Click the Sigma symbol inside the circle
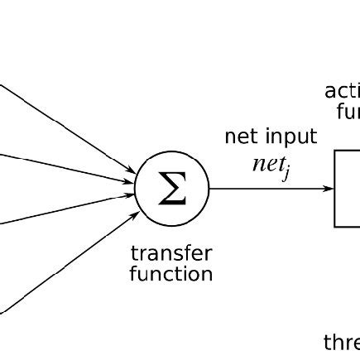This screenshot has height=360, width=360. click(x=171, y=190)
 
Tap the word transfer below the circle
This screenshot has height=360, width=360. click(x=171, y=252)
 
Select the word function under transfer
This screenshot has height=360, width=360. click(x=171, y=273)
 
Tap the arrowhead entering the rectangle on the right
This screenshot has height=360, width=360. click(x=329, y=189)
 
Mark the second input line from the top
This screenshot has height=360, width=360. click(x=66, y=166)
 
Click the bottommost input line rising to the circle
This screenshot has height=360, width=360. click(x=66, y=266)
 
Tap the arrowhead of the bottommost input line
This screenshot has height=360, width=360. click(x=134, y=214)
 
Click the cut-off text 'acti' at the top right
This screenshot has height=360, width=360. click(x=342, y=90)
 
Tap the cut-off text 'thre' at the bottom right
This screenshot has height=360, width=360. click(x=341, y=341)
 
